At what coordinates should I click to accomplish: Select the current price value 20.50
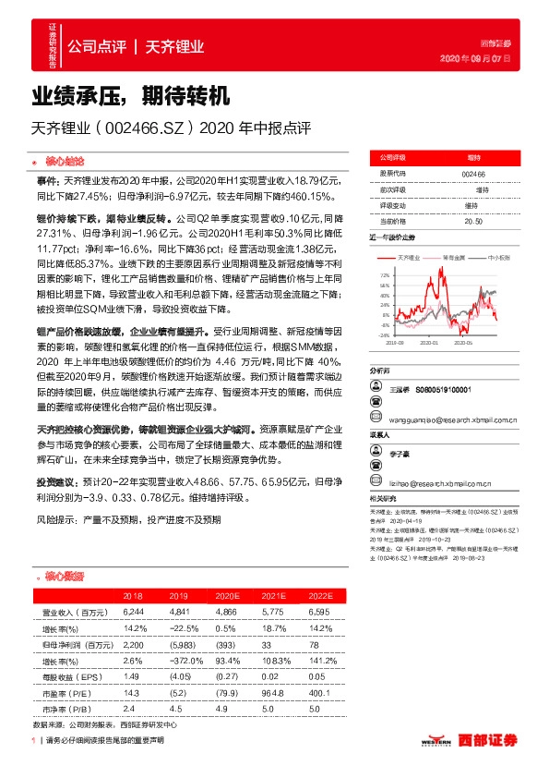473,221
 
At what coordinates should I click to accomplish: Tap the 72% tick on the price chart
384,275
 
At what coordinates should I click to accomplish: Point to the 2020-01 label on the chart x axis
429,342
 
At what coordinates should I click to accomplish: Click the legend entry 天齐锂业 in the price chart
408,257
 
